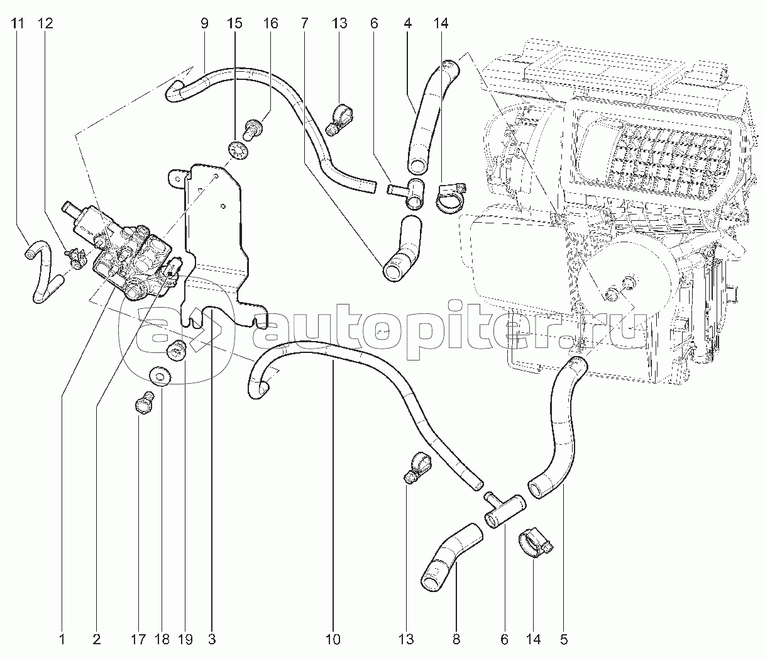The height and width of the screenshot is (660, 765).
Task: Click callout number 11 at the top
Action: [17, 23]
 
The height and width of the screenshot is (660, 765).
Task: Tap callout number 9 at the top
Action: [204, 23]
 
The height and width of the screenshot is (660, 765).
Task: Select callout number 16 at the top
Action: [270, 23]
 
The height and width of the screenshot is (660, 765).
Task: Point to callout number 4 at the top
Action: [407, 23]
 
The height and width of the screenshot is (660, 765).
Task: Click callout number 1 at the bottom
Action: [62, 639]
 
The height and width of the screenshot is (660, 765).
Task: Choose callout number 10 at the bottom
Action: [333, 639]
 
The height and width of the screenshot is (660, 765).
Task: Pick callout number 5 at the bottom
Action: [564, 639]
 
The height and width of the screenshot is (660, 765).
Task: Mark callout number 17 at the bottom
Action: [138, 639]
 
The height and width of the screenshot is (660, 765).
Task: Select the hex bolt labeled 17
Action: [145, 402]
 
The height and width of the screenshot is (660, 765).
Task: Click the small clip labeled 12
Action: [76, 259]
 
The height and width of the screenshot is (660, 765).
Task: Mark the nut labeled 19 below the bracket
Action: [177, 350]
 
